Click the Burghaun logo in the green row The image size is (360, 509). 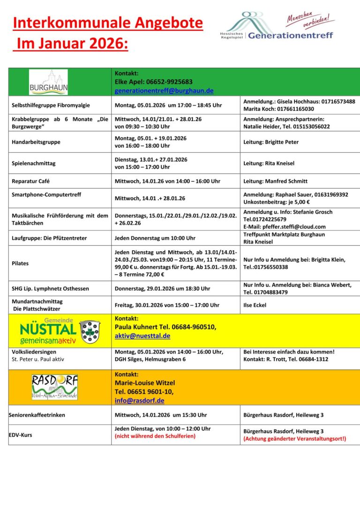point(48,82)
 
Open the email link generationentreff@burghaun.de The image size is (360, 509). point(164,90)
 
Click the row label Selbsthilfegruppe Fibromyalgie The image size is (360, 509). point(51,105)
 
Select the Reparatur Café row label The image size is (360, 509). point(30,181)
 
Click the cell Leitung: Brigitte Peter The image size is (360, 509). point(271,142)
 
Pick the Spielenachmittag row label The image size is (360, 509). point(33,163)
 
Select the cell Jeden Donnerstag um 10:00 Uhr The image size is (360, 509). point(155,238)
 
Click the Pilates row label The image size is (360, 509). point(20,263)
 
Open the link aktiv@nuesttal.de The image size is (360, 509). point(142,336)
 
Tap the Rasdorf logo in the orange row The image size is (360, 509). point(54,387)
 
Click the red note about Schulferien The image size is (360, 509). point(155,436)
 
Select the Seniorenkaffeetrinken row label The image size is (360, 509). point(37,415)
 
